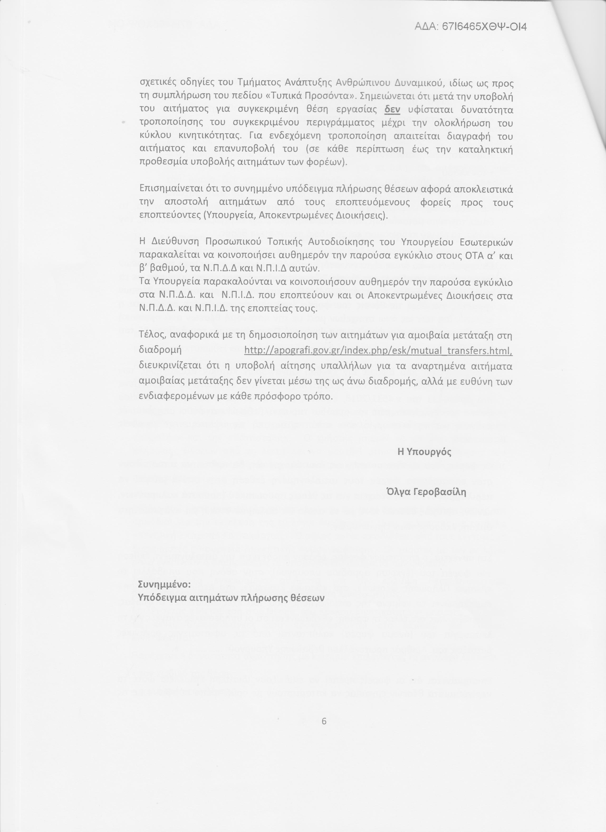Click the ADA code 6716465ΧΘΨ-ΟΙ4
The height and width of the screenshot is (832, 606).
(x=471, y=27)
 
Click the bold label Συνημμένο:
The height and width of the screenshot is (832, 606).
(x=164, y=584)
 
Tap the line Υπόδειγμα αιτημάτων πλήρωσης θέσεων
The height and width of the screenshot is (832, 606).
(x=231, y=598)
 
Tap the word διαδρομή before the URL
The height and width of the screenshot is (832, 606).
(x=160, y=350)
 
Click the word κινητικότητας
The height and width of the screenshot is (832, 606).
(x=210, y=136)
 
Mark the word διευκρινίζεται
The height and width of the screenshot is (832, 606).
(x=170, y=366)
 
